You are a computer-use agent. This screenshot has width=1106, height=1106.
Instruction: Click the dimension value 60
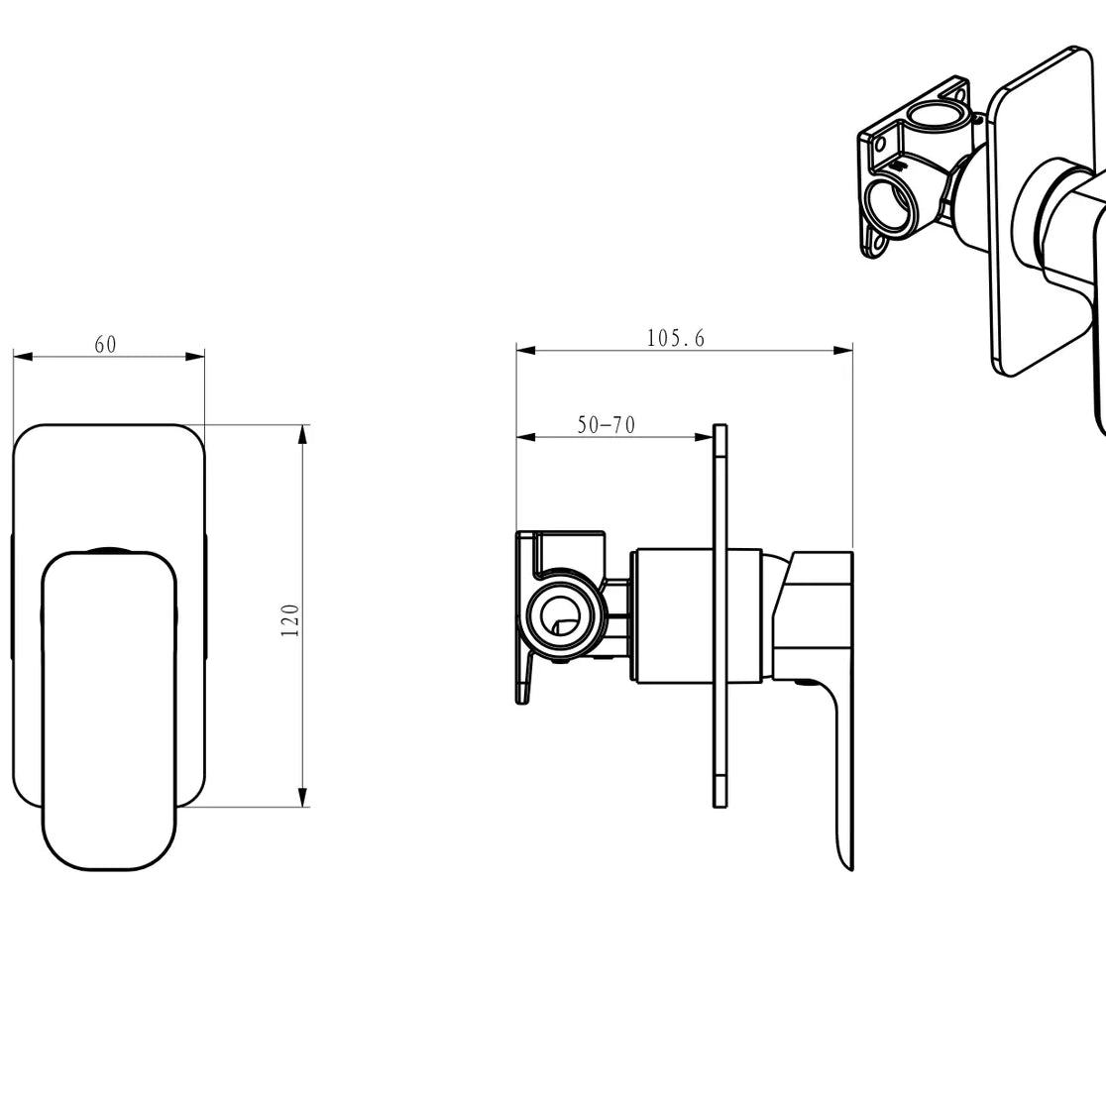pos(105,344)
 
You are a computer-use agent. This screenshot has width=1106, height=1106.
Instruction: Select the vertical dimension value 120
pos(290,619)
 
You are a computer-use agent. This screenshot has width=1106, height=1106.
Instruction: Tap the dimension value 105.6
pos(675,338)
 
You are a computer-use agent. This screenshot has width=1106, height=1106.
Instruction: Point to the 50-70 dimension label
pos(606,425)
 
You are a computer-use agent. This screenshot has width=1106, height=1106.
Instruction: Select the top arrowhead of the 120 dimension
pos(303,432)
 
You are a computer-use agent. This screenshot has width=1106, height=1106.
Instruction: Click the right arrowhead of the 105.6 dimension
pos(844,350)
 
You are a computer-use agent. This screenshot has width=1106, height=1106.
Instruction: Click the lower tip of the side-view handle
pos(845,862)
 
